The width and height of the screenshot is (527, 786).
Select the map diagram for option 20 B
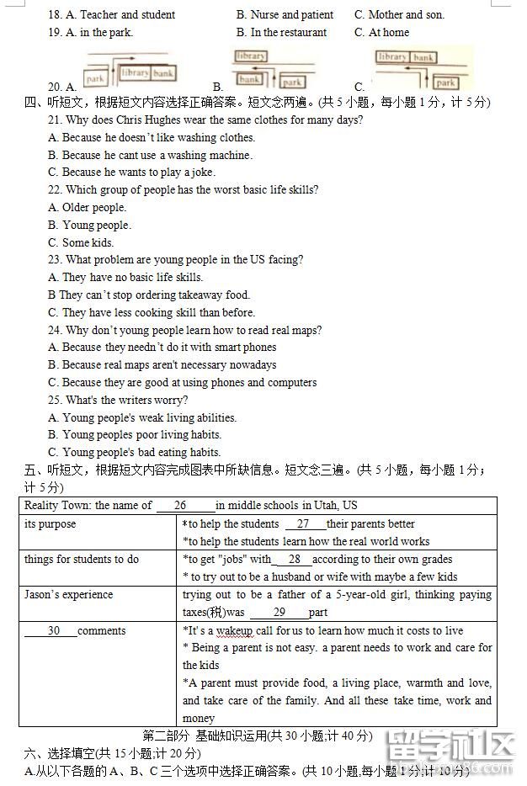click(268, 68)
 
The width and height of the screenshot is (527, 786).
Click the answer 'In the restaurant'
click(288, 33)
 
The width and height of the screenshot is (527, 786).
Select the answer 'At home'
click(389, 33)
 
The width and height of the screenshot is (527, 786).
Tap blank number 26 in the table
click(180, 506)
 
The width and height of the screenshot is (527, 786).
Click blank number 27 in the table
click(303, 524)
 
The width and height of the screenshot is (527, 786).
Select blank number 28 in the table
click(294, 560)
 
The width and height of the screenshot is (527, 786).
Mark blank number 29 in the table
click(279, 613)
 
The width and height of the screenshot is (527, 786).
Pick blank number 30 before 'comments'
click(53, 631)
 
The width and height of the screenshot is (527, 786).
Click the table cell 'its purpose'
click(51, 524)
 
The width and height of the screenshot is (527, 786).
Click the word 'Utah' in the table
click(325, 506)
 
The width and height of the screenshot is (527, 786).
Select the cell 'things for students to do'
click(82, 560)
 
